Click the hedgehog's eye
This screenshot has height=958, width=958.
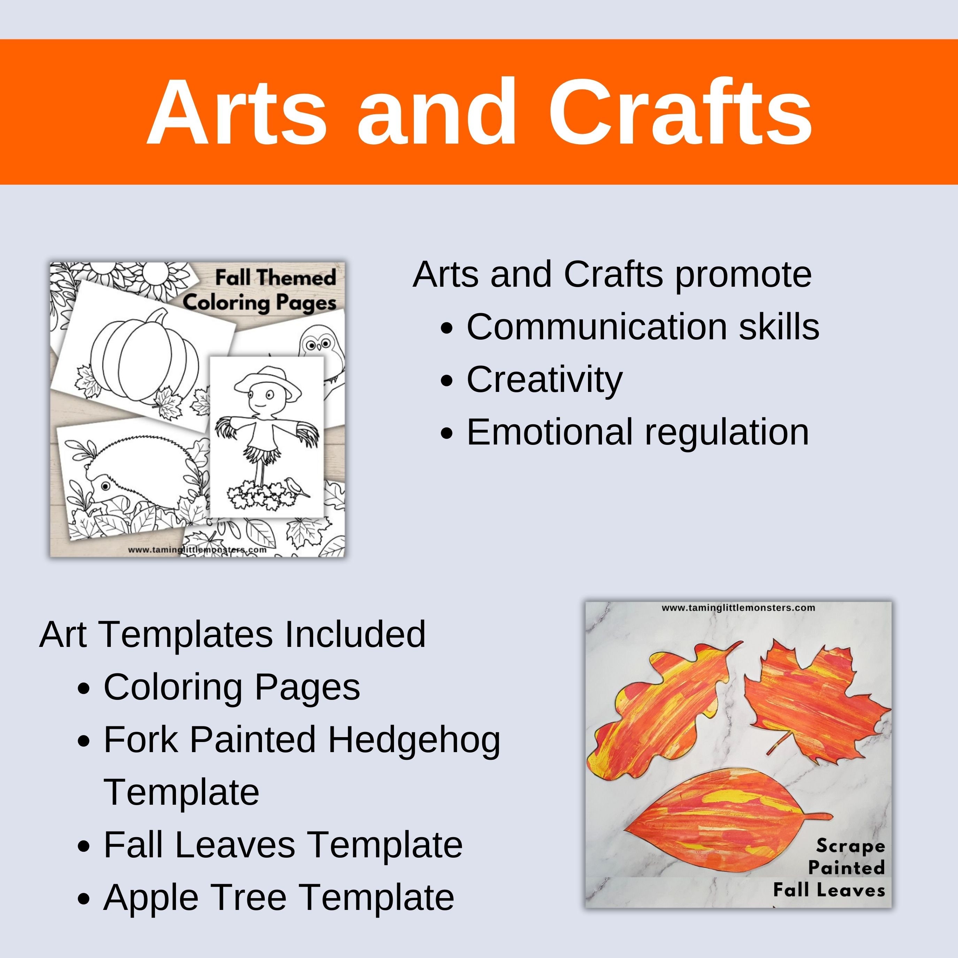point(106,485)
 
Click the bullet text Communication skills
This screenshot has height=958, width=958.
point(643,327)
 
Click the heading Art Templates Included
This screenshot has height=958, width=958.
point(232,634)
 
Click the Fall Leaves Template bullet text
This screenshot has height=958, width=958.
point(283,845)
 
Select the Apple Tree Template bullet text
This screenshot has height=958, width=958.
point(279,897)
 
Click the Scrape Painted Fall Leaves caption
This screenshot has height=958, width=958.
point(838,868)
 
